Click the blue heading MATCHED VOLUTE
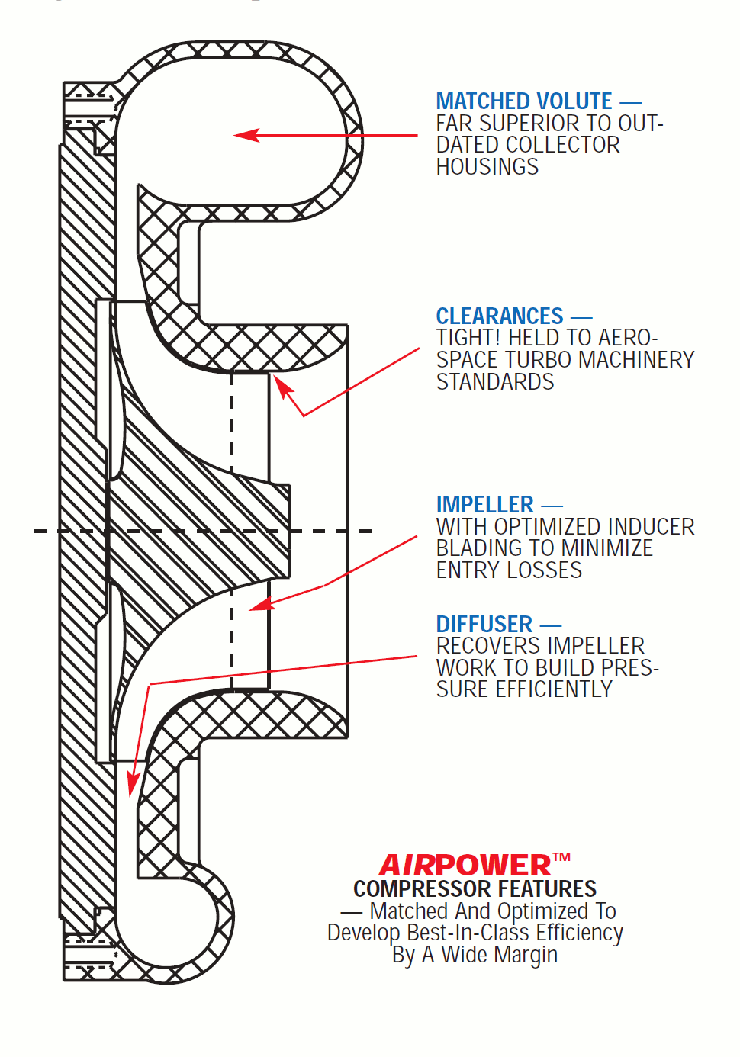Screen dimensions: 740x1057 (x=524, y=101)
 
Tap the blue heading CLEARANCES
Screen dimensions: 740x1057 (x=500, y=316)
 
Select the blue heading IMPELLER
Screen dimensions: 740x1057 (x=484, y=504)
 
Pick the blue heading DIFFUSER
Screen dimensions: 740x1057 (x=484, y=625)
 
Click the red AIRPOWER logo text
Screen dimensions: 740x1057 (x=465, y=865)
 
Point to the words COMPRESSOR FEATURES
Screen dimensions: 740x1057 (x=475, y=889)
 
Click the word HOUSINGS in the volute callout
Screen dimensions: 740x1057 (x=487, y=166)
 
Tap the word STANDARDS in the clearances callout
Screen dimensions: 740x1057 (x=494, y=381)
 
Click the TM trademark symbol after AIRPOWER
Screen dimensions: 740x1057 (x=561, y=857)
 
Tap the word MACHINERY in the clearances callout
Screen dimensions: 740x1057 (x=636, y=359)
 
